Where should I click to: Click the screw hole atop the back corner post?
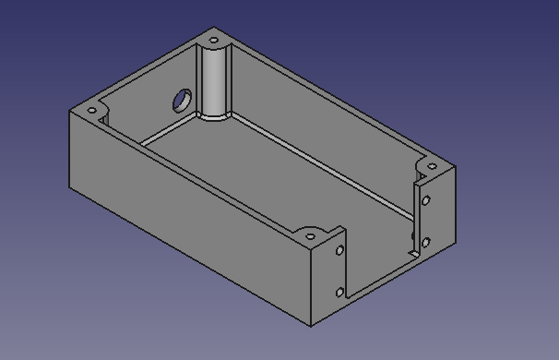click(214, 41)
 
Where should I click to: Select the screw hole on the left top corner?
click(91, 112)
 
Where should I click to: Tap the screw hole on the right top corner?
click(431, 167)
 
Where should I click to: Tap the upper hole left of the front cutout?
click(340, 250)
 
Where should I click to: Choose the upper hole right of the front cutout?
click(425, 200)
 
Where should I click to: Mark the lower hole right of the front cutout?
click(425, 243)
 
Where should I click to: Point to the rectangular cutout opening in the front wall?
click(378, 249)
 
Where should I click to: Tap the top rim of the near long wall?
click(203, 171)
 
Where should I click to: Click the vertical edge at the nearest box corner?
click(311, 286)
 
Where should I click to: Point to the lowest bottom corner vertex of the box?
click(311, 327)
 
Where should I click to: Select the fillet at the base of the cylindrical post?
click(214, 116)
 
